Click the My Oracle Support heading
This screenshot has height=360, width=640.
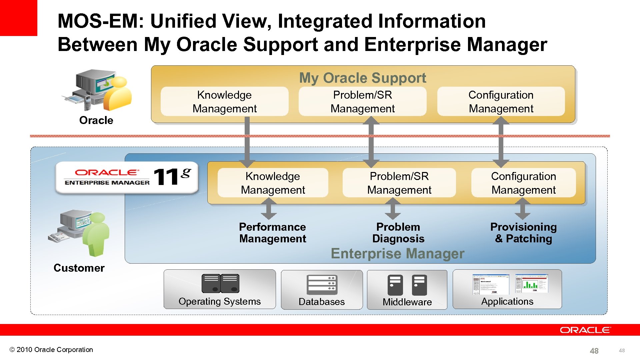(x=362, y=78)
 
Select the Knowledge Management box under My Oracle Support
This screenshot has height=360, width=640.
(x=224, y=102)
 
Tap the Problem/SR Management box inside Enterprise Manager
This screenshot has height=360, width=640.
(x=399, y=183)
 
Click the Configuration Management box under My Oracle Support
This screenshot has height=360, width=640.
(x=501, y=102)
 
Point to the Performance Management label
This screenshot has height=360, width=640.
(x=272, y=233)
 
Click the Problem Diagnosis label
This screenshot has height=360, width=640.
(x=398, y=233)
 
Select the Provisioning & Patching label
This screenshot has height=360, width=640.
(x=523, y=233)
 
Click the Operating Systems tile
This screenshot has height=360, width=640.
(x=220, y=289)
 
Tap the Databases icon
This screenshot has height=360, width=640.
(x=322, y=285)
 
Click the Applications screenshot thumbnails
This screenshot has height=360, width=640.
(x=510, y=284)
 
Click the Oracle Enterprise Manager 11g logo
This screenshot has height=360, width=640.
(x=127, y=177)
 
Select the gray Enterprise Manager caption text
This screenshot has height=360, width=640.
(x=397, y=254)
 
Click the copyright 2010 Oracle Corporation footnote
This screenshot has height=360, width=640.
(x=51, y=350)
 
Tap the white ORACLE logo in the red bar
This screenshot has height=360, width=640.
(x=585, y=330)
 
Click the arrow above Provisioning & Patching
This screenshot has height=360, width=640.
(x=522, y=209)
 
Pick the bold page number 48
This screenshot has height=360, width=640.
(x=594, y=351)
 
